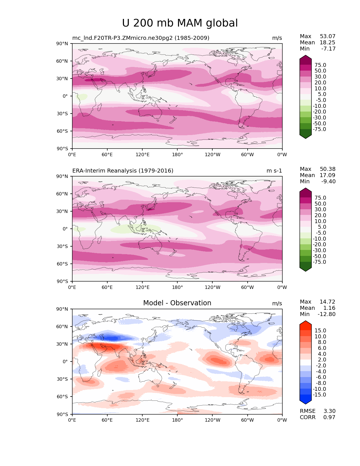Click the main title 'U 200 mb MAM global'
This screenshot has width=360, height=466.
click(x=180, y=23)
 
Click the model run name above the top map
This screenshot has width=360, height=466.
click(x=141, y=38)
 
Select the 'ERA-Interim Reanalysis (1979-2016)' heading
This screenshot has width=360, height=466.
click(x=123, y=171)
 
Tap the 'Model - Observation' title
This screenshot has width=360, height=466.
click(x=177, y=303)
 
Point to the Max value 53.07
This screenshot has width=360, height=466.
click(x=328, y=36)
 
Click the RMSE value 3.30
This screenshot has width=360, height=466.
click(x=329, y=411)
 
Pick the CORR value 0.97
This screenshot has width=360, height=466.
click(x=329, y=417)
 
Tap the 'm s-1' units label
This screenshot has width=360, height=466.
click(x=274, y=171)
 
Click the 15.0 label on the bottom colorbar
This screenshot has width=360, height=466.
click(x=320, y=331)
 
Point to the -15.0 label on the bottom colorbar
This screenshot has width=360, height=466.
click(x=319, y=395)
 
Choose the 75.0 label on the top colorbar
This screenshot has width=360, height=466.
click(x=320, y=65)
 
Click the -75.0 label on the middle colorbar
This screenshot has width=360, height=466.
click(x=319, y=262)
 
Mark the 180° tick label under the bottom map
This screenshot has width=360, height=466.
click(x=177, y=420)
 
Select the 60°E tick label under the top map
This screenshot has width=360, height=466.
click(x=107, y=155)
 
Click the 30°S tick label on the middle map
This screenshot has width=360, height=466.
click(x=63, y=247)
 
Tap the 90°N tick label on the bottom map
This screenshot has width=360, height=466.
click(x=63, y=309)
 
